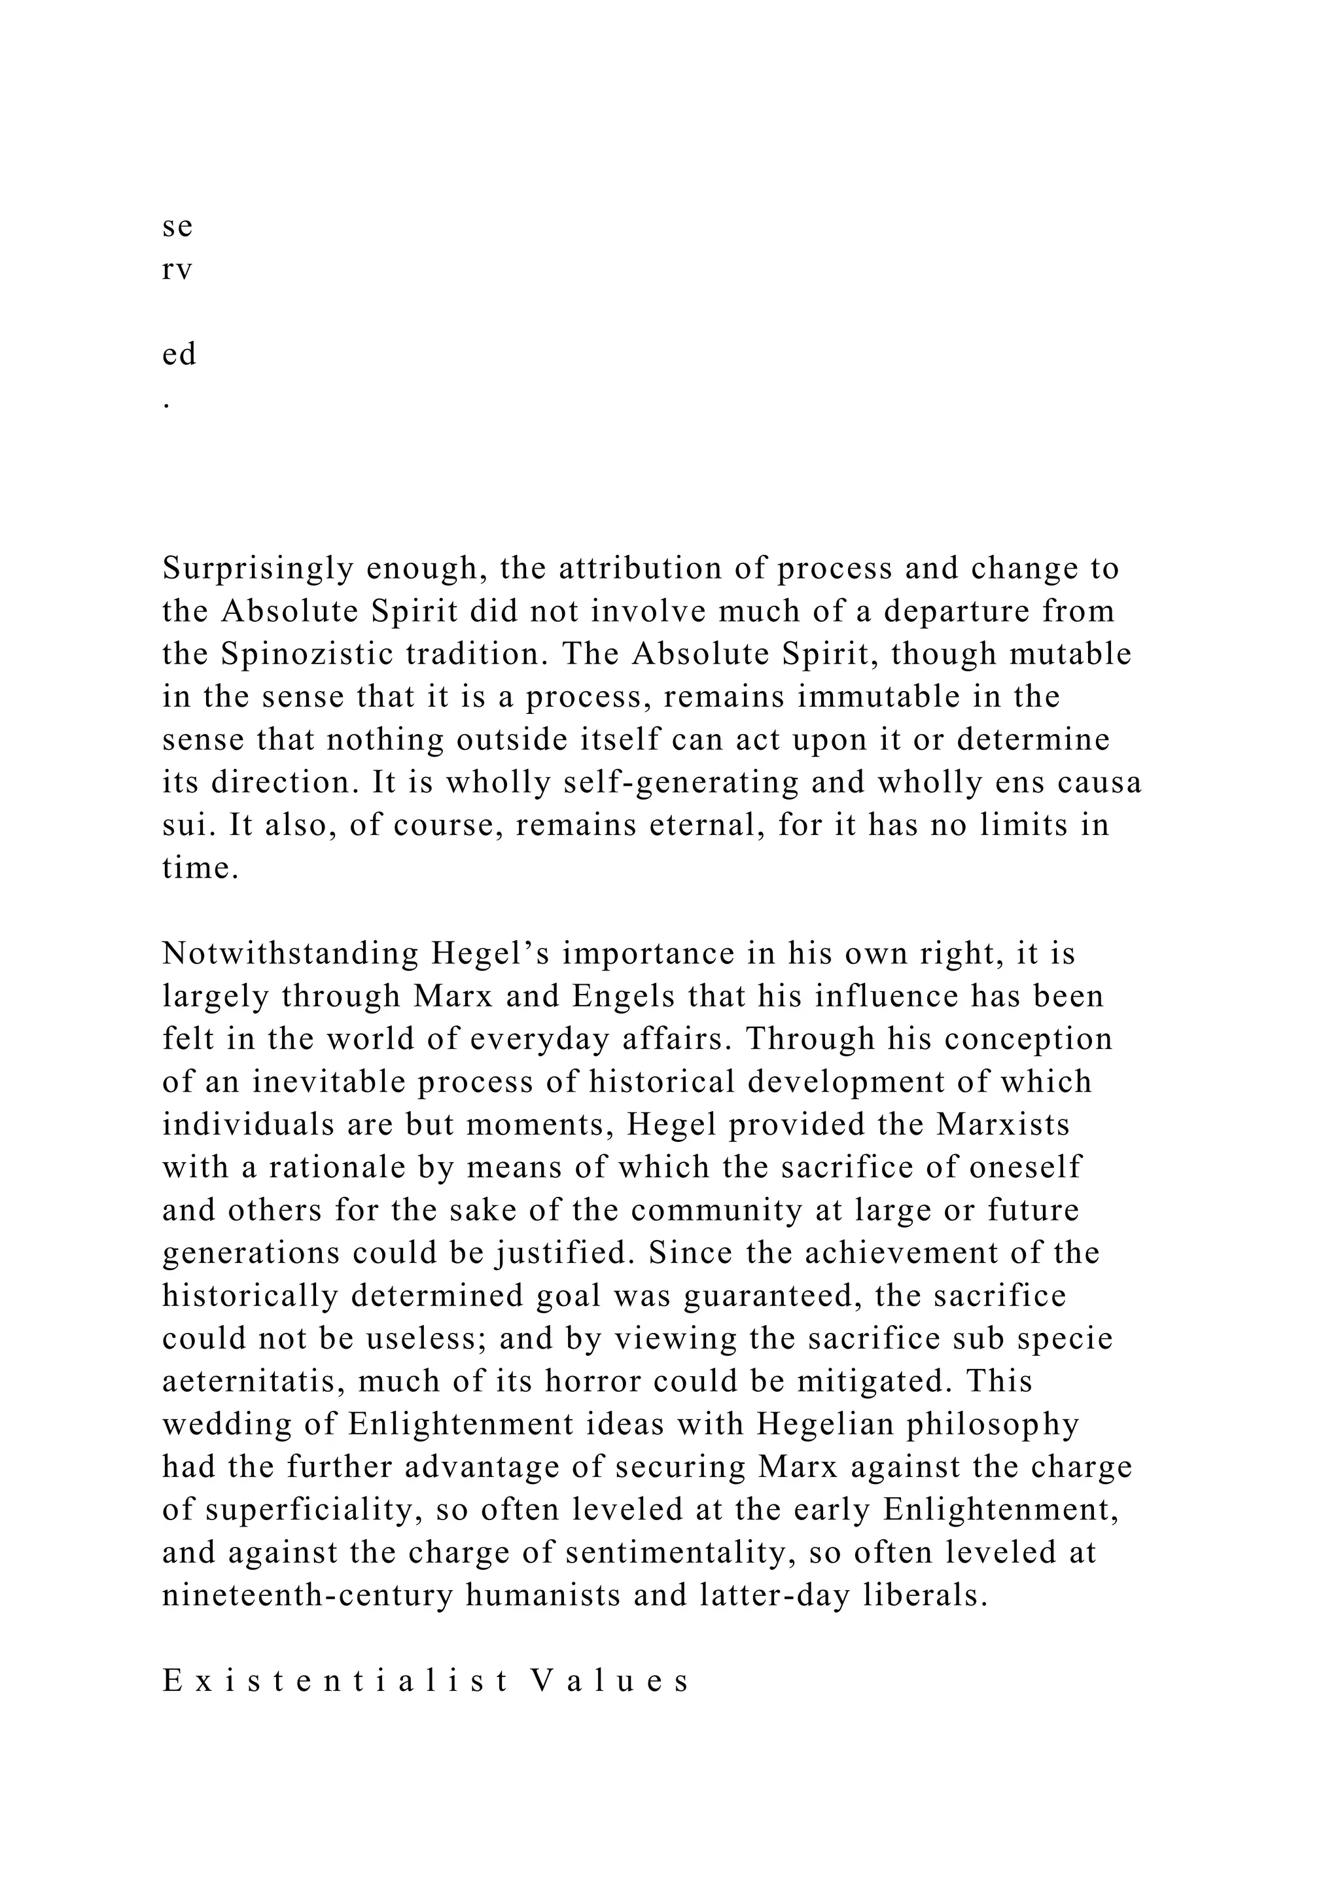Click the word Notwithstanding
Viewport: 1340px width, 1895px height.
tap(291, 954)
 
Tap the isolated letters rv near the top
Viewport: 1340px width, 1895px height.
tap(177, 270)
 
